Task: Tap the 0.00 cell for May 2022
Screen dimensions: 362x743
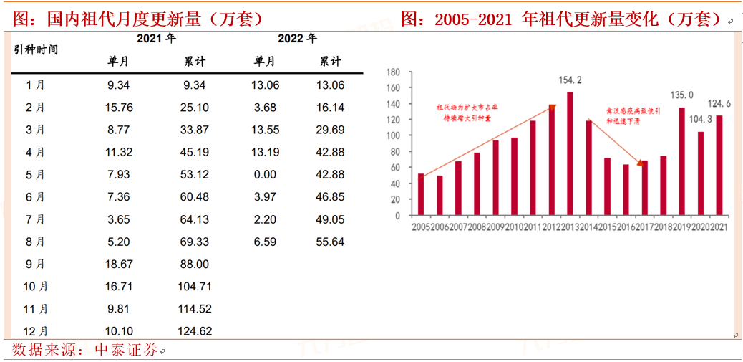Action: tap(265, 174)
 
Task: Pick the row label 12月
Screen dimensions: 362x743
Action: tap(35, 331)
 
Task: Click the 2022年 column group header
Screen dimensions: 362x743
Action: tap(296, 39)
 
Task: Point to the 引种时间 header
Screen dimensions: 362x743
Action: tap(36, 49)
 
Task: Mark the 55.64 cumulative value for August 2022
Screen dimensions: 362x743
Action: tap(330, 242)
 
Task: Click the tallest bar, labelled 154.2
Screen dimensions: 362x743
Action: tap(570, 153)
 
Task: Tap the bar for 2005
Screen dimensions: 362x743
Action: tap(421, 194)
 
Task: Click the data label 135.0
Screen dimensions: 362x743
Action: tap(681, 95)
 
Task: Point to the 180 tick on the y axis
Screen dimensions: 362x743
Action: tap(392, 72)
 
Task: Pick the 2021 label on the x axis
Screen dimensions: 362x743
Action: tap(719, 227)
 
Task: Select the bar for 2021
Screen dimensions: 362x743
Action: tap(719, 166)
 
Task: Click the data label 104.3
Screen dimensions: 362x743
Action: tap(700, 119)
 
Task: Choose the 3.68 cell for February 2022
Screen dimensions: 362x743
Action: tap(265, 108)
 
